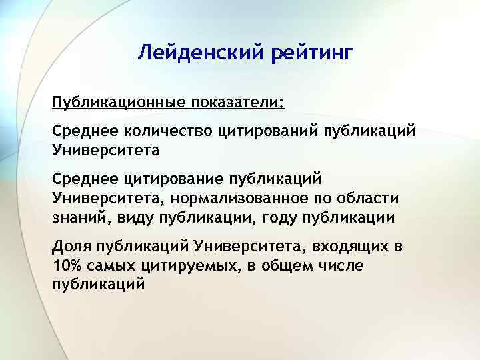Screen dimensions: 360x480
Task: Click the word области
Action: coord(375,198)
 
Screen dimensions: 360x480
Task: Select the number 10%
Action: coord(66,265)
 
